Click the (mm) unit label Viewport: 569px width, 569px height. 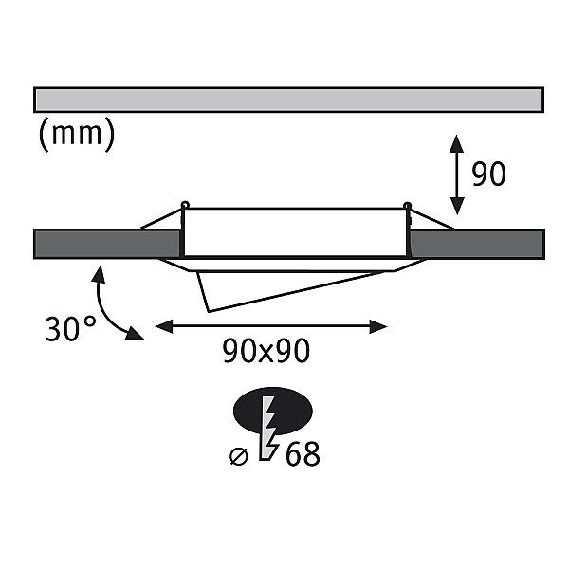point(77,135)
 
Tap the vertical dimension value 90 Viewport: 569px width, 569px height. point(488,174)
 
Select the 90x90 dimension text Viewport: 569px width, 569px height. point(266,351)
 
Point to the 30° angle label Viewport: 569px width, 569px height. point(70,328)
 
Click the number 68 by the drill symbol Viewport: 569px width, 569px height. point(303,454)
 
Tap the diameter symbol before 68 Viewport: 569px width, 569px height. point(239,456)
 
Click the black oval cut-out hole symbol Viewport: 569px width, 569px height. point(272,412)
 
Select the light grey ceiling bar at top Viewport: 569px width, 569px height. point(289,100)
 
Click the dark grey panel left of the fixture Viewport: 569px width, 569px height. point(107,244)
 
